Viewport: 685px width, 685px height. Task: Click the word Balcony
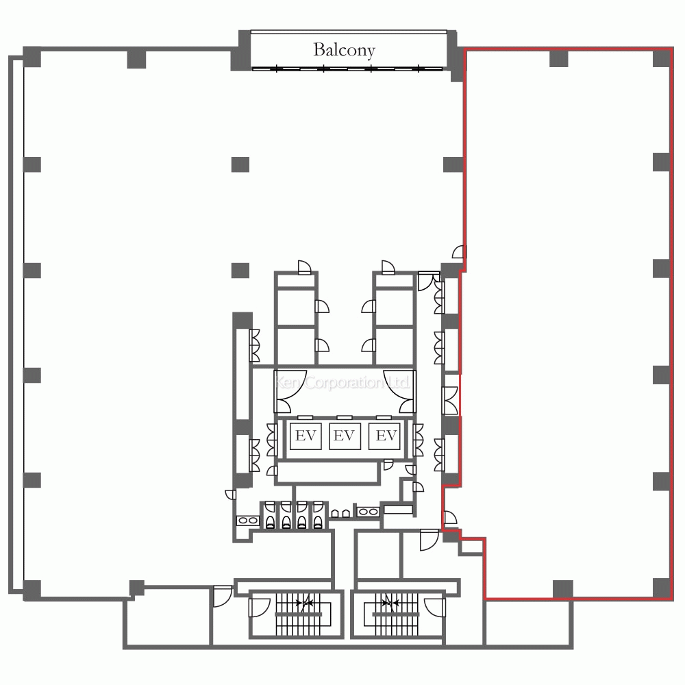point(344,50)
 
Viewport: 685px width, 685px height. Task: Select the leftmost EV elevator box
point(306,436)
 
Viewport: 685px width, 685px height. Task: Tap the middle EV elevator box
point(345,436)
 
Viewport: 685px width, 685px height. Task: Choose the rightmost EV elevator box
point(384,436)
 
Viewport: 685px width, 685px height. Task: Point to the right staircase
point(395,614)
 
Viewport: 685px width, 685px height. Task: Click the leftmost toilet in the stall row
point(271,521)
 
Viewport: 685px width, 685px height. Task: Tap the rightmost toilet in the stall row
point(318,521)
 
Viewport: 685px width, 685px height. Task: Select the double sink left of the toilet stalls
point(248,521)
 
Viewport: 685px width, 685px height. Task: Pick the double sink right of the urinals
point(369,512)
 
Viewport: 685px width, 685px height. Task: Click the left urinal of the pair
point(336,513)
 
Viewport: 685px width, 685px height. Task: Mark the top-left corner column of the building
point(32,58)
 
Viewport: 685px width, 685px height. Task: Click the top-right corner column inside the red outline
point(662,58)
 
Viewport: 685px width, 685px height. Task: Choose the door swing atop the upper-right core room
point(388,267)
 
